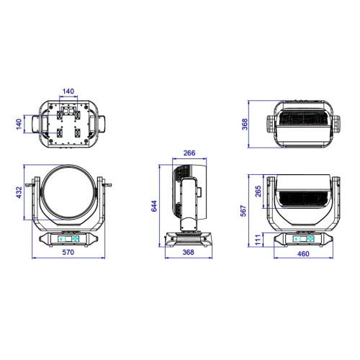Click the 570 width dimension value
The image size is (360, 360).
point(68,253)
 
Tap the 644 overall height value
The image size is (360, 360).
point(153,207)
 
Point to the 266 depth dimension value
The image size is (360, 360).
point(190,153)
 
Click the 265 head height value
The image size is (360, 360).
point(257,193)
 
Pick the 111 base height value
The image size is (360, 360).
point(257,238)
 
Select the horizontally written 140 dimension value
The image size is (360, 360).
point(68,91)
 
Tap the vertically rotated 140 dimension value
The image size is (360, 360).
point(20,124)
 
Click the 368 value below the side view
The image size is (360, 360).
point(189,253)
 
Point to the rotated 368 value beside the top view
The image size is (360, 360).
point(244,125)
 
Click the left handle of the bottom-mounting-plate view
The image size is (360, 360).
point(35,124)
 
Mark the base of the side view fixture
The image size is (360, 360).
point(189,239)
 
